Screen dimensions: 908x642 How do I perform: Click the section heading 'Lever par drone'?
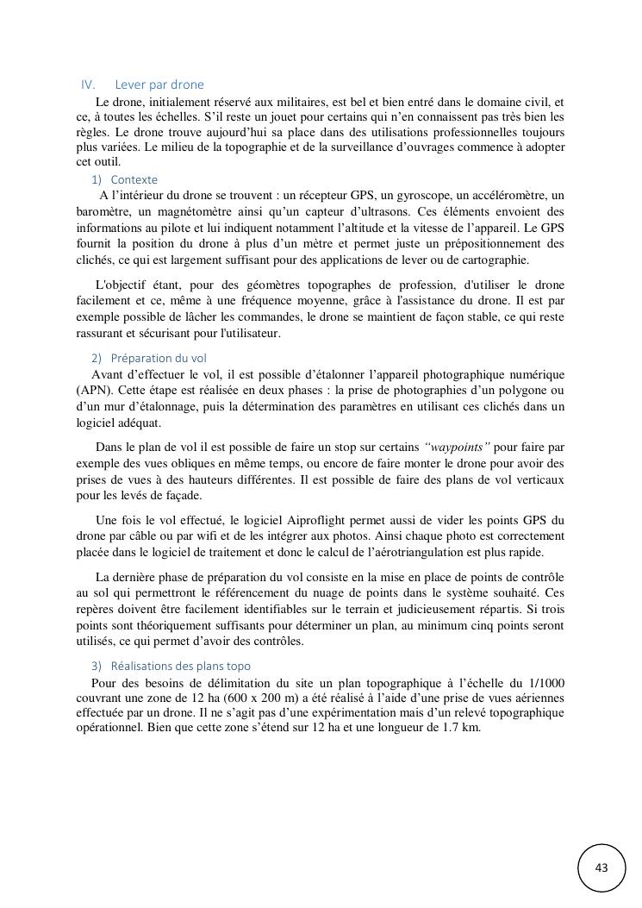(x=159, y=85)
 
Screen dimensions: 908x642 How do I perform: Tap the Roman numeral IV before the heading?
(x=87, y=85)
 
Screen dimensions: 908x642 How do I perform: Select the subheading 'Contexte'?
(x=134, y=179)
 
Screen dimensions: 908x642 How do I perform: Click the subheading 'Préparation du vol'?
(x=159, y=358)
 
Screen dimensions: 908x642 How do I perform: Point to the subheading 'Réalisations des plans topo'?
(x=181, y=666)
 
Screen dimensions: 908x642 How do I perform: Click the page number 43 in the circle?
(x=601, y=867)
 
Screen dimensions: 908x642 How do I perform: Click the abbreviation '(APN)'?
(x=92, y=391)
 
